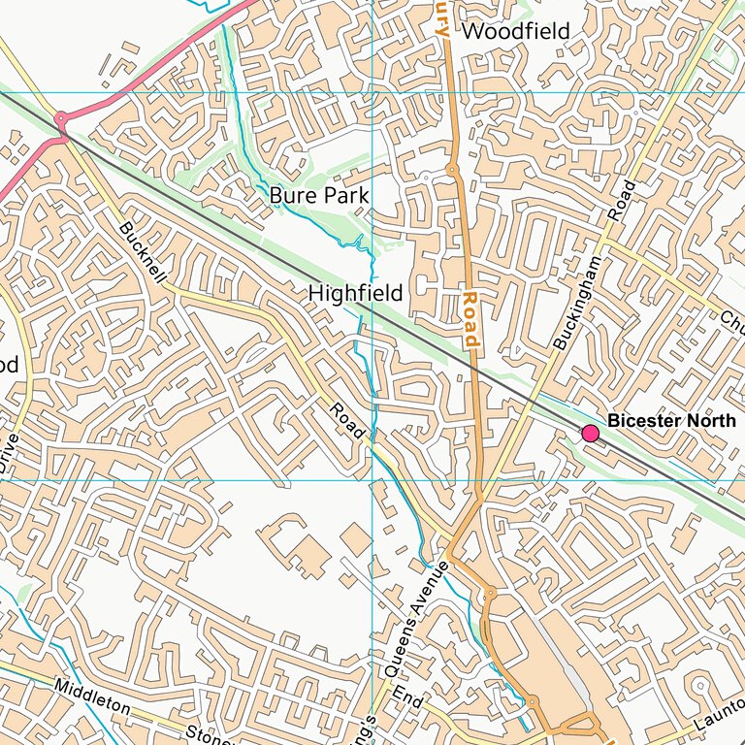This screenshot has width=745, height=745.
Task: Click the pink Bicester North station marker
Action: pos(589,434)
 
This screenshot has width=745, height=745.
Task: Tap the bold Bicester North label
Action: pos(671,421)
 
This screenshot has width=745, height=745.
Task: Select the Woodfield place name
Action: pos(515,31)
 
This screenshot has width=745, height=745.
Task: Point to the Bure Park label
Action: pos(319,196)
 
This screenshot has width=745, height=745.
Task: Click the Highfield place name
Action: pos(355,292)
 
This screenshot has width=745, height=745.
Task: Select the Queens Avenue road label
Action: pos(417,618)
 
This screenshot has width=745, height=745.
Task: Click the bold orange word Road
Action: pos(470,319)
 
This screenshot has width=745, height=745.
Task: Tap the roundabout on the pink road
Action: pos(61,118)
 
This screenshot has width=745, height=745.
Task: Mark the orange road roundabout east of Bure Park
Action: pos(452,170)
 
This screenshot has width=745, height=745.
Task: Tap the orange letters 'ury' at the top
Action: pos(441,17)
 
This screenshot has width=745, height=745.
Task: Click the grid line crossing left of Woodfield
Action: pos(372,92)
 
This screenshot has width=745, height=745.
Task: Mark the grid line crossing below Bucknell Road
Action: pos(372,479)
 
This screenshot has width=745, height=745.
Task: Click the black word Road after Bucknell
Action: pos(345,420)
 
